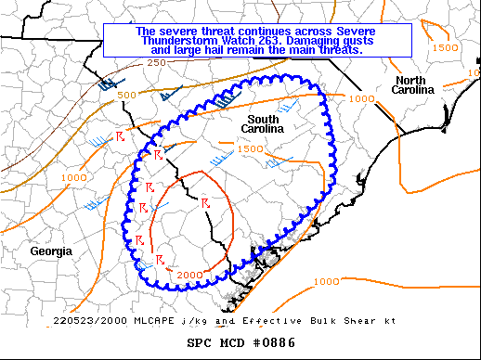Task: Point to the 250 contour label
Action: coord(156,62)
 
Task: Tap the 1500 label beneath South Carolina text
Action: coord(250,148)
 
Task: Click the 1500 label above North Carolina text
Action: coord(445,47)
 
